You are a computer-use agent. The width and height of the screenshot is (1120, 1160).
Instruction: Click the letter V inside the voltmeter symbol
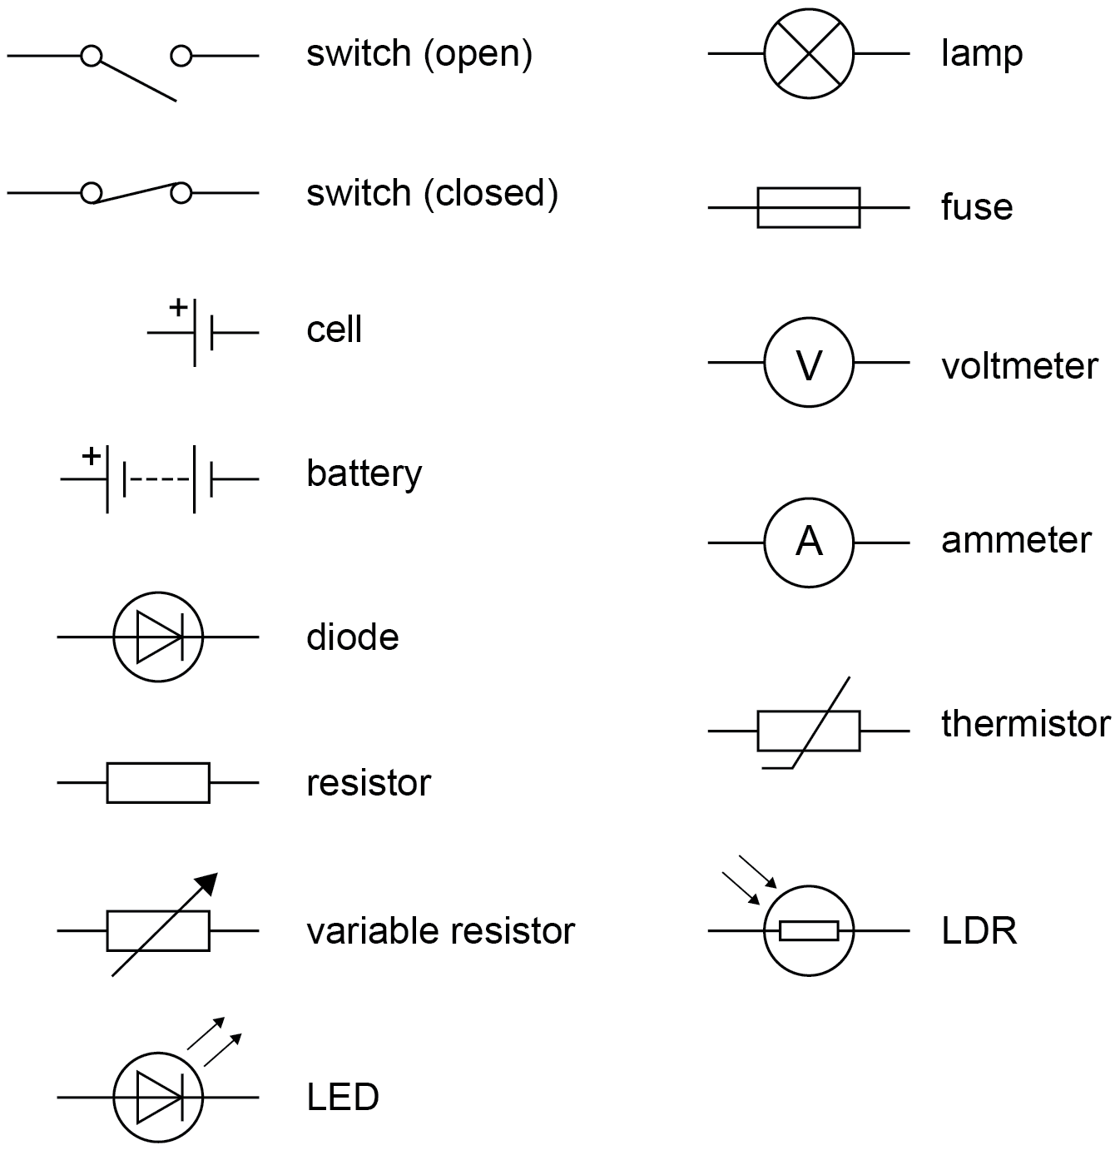(x=809, y=365)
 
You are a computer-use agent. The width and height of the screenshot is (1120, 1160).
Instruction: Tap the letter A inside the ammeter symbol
(x=809, y=543)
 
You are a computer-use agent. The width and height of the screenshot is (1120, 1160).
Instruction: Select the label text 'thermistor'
(x=1025, y=723)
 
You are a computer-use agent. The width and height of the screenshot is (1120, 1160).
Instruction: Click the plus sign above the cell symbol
(x=178, y=308)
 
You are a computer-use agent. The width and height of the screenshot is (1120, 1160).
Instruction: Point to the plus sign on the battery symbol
(x=92, y=456)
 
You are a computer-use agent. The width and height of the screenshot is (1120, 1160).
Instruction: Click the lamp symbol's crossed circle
(x=809, y=54)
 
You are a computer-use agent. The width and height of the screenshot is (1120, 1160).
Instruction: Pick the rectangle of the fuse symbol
(x=808, y=207)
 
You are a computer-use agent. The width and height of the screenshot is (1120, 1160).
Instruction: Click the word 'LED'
(x=343, y=1097)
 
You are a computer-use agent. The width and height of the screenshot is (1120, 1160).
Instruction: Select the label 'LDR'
(x=979, y=930)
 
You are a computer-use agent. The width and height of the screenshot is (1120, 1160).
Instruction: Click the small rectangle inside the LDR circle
(x=809, y=930)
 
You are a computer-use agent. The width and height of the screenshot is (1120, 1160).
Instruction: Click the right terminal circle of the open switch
(x=181, y=56)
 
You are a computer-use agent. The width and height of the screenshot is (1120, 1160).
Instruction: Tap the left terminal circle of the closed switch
(x=92, y=193)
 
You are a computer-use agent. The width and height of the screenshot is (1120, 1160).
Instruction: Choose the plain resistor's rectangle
(x=158, y=782)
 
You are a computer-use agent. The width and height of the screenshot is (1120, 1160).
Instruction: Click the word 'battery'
(x=364, y=473)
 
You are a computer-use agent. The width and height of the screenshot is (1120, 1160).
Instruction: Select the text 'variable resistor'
(x=440, y=930)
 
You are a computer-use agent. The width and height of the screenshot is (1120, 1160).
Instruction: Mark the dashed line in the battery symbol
(x=158, y=480)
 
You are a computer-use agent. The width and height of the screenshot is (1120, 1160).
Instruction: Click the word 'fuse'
(x=977, y=206)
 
